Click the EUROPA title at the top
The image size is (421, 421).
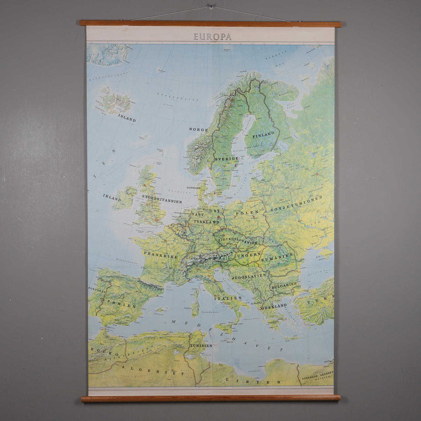(x=212, y=37)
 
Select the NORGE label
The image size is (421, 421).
(x=198, y=130)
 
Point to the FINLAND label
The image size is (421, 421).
(x=263, y=134)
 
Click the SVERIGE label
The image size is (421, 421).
(x=226, y=159)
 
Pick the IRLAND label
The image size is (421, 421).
(x=112, y=197)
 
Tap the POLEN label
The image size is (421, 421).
(x=247, y=212)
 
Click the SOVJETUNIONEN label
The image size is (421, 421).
(x=296, y=204)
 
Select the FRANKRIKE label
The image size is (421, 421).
(x=161, y=254)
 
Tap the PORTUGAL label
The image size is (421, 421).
(x=97, y=290)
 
